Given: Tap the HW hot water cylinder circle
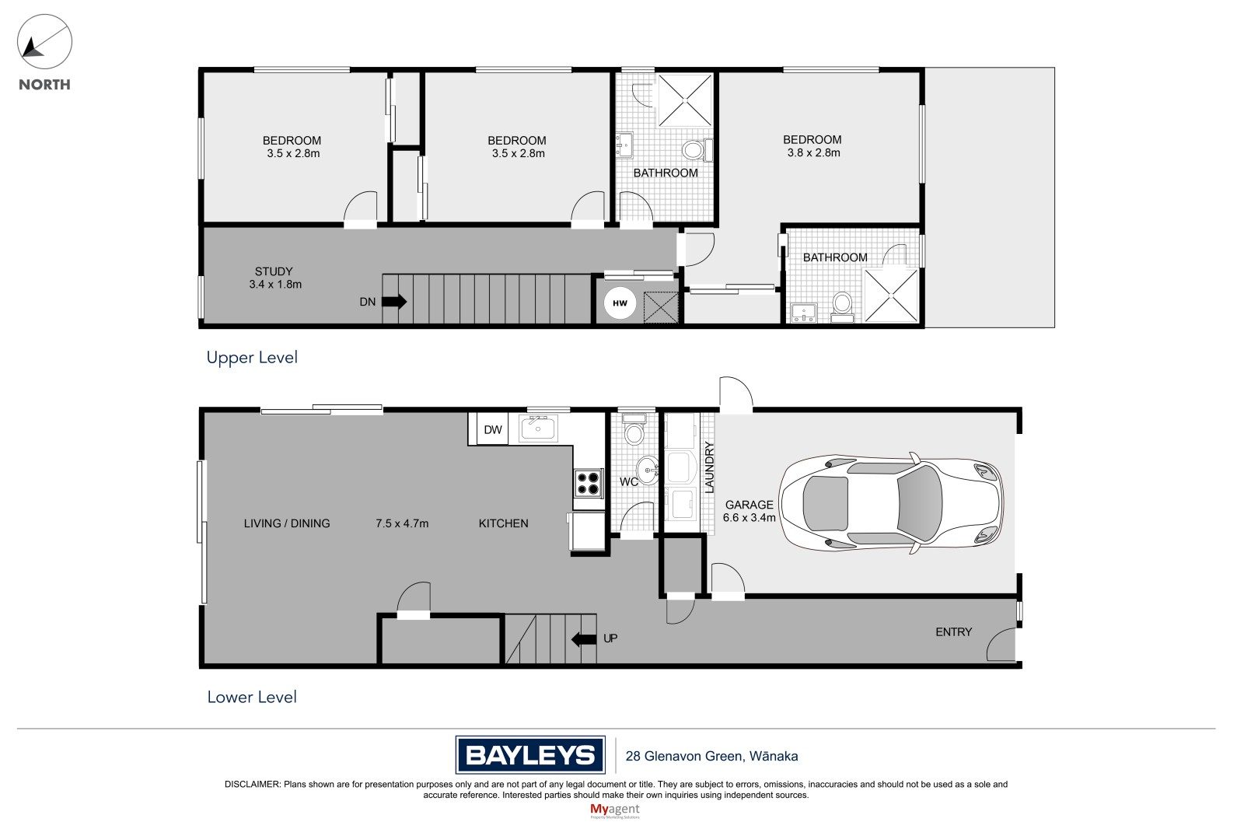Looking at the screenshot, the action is coord(620,303).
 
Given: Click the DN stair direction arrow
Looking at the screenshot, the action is coord(394,302).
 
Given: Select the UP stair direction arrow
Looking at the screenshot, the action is coord(584,639).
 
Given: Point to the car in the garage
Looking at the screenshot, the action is coord(891,503).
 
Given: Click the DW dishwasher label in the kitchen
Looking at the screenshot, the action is coord(493,429).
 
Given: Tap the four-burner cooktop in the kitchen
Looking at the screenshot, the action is coord(588,483).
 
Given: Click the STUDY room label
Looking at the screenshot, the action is coord(273,271).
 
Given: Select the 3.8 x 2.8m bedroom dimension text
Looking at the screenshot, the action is coord(813,152).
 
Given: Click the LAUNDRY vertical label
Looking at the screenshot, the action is coord(709,467).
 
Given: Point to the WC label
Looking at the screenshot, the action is coord(629,481).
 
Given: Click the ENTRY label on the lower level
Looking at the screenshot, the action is coord(953,631).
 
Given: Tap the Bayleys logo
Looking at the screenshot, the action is coord(530,755).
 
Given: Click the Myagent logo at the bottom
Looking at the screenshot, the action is coord(615,810).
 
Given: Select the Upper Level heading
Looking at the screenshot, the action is coord(252,357).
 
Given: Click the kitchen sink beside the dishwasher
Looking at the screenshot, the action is coord(537,428).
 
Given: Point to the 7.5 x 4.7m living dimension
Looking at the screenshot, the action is coord(402,523).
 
